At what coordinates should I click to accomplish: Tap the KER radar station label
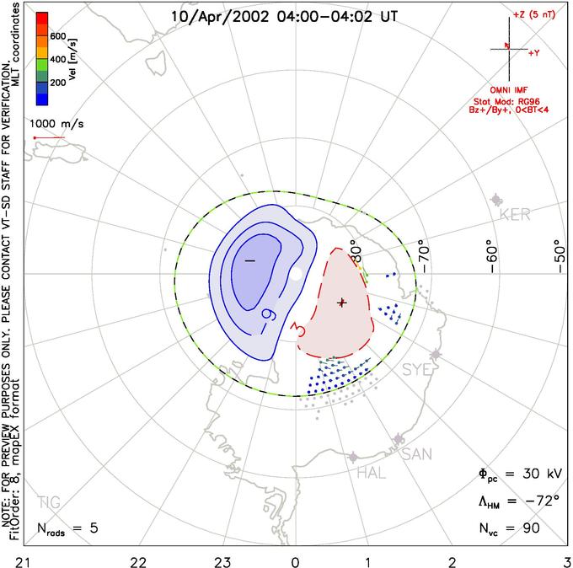click(515, 215)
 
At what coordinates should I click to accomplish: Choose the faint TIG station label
click(49, 503)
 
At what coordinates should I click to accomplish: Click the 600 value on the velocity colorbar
click(57, 36)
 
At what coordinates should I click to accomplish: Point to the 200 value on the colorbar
click(57, 83)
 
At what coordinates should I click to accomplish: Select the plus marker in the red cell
click(341, 302)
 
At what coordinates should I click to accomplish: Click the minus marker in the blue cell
click(249, 261)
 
